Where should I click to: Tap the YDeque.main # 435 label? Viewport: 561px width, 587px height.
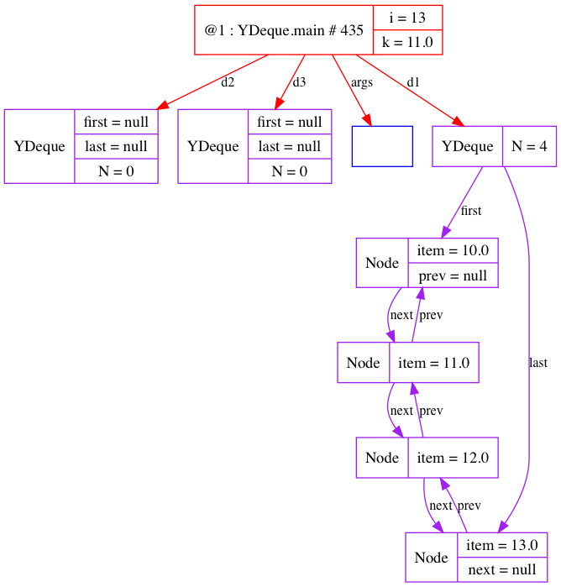pyautogui.click(x=284, y=30)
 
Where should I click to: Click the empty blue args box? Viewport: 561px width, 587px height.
pyautogui.click(x=382, y=146)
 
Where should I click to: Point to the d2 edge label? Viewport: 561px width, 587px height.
pyautogui.click(x=228, y=82)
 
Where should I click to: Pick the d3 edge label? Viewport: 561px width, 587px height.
pyautogui.click(x=299, y=82)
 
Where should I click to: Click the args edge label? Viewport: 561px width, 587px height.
pyautogui.click(x=361, y=82)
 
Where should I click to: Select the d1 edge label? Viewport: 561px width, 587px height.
pyautogui.click(x=413, y=82)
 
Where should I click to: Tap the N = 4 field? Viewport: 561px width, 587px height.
pyautogui.click(x=529, y=146)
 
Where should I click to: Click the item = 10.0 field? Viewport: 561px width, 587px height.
pyautogui.click(x=453, y=251)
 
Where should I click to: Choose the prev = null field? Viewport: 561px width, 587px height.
pyautogui.click(x=453, y=275)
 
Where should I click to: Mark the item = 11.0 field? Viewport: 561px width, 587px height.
pyautogui.click(x=434, y=363)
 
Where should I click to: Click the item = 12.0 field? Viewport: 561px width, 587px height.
pyautogui.click(x=453, y=458)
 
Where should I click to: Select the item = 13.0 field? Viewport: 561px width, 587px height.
pyautogui.click(x=502, y=545)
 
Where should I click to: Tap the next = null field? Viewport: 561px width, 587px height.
pyautogui.click(x=502, y=569)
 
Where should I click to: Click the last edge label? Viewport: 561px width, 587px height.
pyautogui.click(x=538, y=363)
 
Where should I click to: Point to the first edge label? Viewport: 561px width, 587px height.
pyautogui.click(x=471, y=211)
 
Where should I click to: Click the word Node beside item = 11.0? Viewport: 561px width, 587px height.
pyautogui.click(x=364, y=363)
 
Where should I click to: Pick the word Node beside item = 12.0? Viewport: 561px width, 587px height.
pyautogui.click(x=382, y=458)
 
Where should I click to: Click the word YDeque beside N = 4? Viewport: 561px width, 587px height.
pyautogui.click(x=467, y=146)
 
